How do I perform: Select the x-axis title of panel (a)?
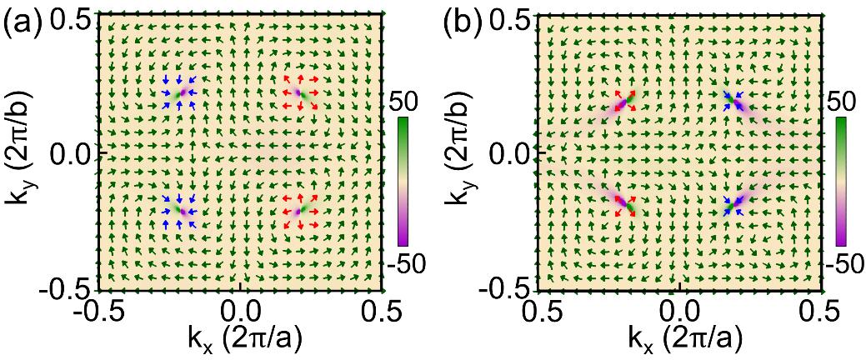tap(242, 339)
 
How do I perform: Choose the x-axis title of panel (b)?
tap(682, 339)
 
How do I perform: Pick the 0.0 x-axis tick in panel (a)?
tap(240, 312)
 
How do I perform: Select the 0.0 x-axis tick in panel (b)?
tap(682, 312)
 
